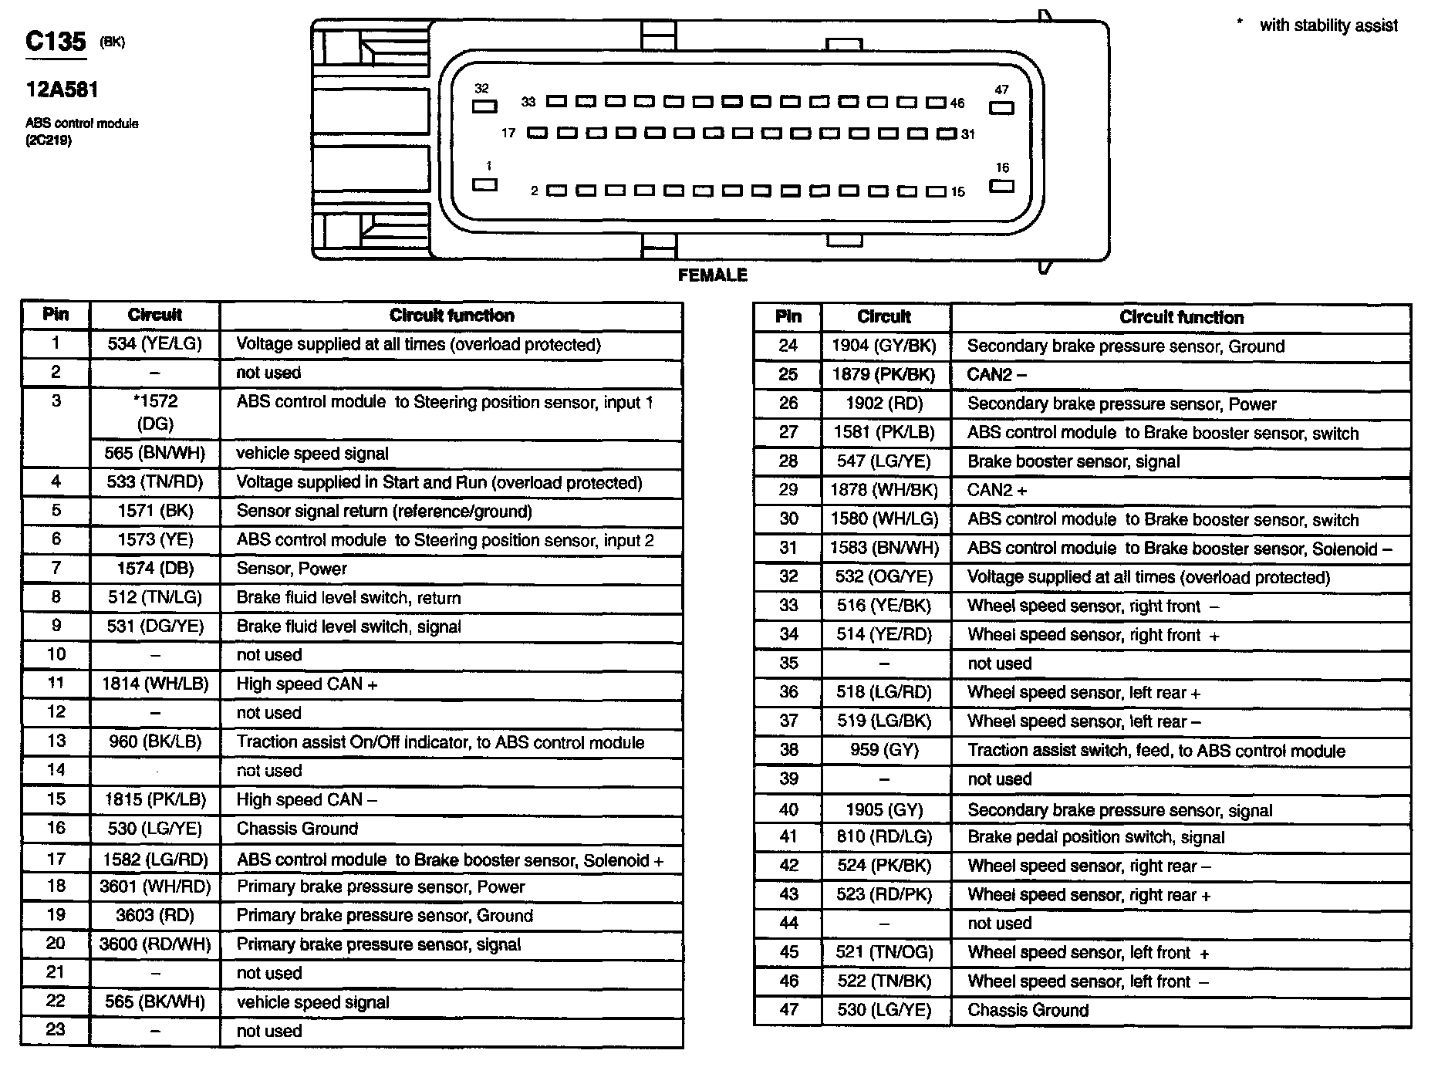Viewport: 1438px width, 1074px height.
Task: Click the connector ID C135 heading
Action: [x=56, y=41]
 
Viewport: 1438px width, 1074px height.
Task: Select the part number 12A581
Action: [x=62, y=90]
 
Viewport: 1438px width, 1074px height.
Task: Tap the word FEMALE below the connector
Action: [x=712, y=275]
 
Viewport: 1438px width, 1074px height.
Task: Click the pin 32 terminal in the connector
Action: [x=484, y=106]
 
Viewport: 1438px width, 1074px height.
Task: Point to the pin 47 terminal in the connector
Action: [x=1001, y=107]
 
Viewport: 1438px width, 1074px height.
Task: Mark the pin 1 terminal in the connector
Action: [x=484, y=184]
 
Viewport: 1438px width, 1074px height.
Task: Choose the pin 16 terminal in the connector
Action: [x=1001, y=185]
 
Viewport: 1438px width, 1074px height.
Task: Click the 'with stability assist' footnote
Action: [x=1328, y=25]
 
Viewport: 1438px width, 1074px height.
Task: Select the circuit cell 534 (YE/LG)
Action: [x=154, y=344]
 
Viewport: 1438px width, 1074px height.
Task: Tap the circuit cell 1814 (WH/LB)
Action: [x=154, y=684]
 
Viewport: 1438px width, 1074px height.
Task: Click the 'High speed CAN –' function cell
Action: [x=307, y=799]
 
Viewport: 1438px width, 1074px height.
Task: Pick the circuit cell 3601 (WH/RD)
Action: [x=154, y=887]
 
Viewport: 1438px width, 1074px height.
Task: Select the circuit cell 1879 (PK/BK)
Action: [x=884, y=374]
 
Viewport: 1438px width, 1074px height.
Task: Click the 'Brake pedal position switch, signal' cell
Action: [x=1095, y=837]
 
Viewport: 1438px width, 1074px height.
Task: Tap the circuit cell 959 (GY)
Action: [x=884, y=750]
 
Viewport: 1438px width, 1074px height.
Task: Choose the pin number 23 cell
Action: [x=56, y=1030]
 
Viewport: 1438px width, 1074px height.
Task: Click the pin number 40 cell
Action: [x=788, y=809]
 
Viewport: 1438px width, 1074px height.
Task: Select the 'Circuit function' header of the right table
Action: [x=1181, y=317]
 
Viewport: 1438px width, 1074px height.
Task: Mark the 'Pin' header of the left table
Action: [x=56, y=315]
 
